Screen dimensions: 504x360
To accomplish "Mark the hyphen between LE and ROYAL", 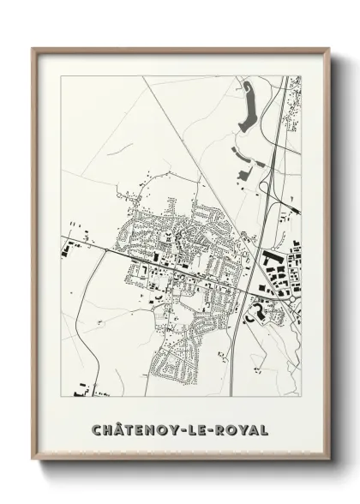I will tap(215, 429).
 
